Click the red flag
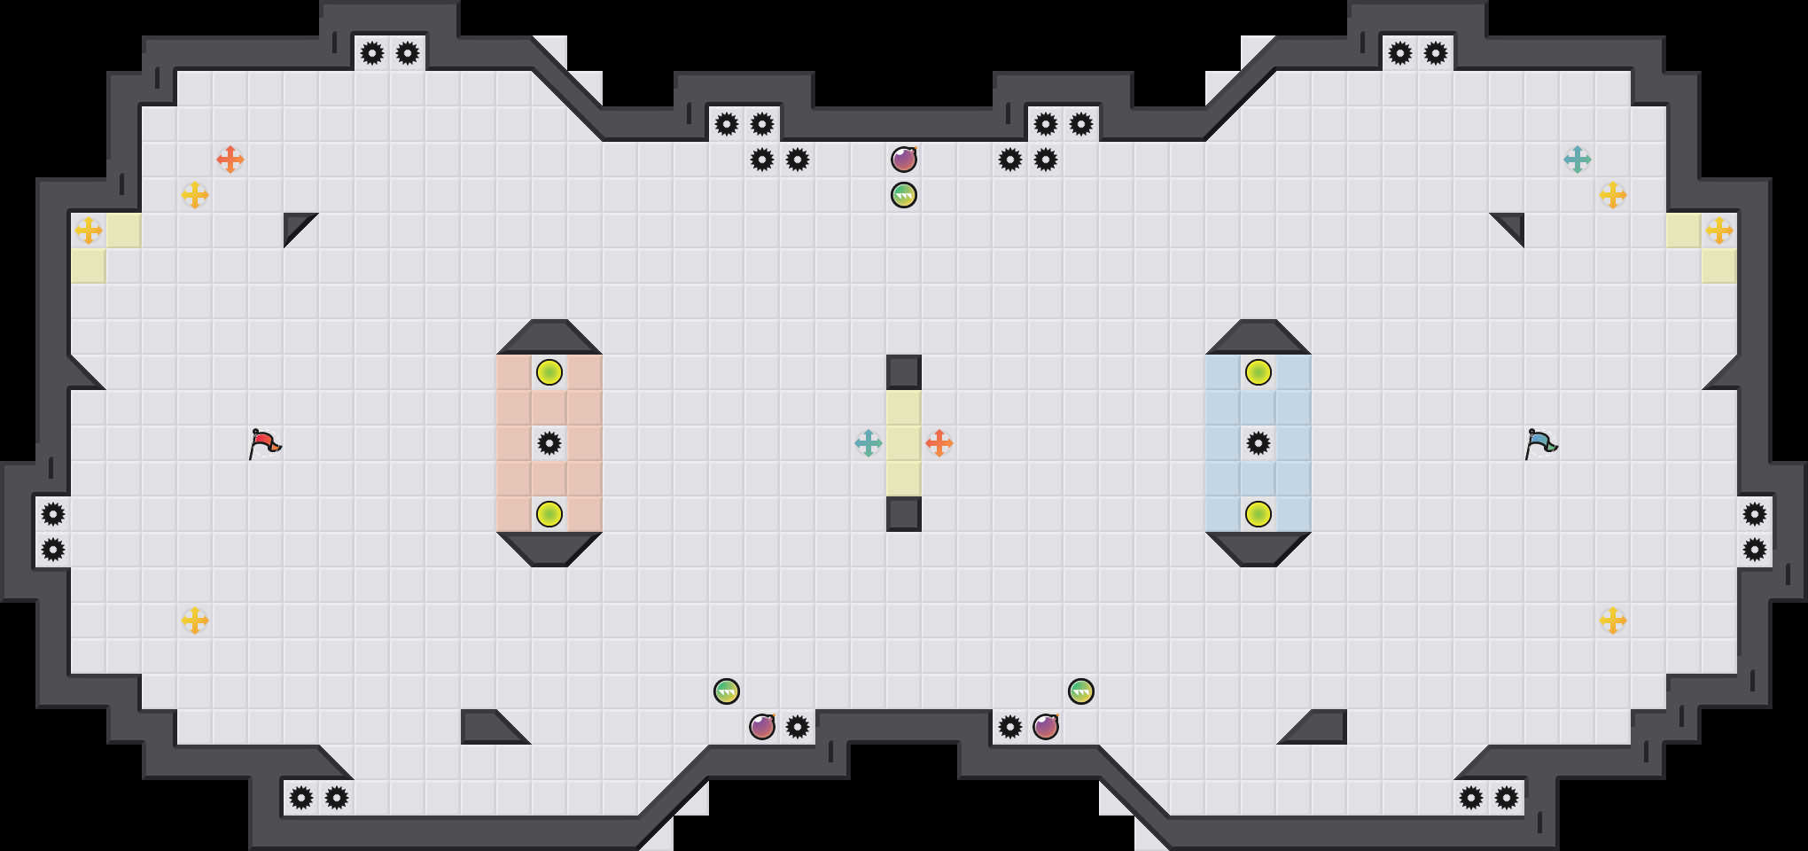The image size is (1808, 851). click(x=264, y=442)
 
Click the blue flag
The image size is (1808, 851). click(x=1540, y=442)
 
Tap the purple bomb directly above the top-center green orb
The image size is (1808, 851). click(x=904, y=160)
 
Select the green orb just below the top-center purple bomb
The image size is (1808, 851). click(x=904, y=195)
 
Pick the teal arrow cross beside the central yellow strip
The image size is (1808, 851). click(x=869, y=443)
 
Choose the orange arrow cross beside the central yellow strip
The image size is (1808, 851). click(x=939, y=443)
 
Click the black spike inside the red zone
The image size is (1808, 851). click(x=549, y=443)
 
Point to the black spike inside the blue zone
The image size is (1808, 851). click(x=1259, y=443)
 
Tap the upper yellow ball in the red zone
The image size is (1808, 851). click(x=549, y=372)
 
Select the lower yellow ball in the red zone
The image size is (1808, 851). click(x=549, y=514)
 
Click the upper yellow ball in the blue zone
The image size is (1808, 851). click(x=1259, y=372)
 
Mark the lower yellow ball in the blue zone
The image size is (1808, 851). click(x=1259, y=514)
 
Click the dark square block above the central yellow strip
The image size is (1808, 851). click(x=904, y=372)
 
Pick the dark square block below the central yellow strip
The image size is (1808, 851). click(x=904, y=514)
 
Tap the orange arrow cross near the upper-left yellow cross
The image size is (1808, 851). click(x=230, y=160)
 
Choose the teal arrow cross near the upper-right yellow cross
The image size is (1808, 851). click(x=1578, y=160)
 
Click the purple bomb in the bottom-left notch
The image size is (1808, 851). click(x=762, y=727)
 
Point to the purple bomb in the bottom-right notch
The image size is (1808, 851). click(x=1046, y=727)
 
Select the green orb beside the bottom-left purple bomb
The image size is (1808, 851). click(x=727, y=691)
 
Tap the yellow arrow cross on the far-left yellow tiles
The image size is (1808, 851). click(x=89, y=230)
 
